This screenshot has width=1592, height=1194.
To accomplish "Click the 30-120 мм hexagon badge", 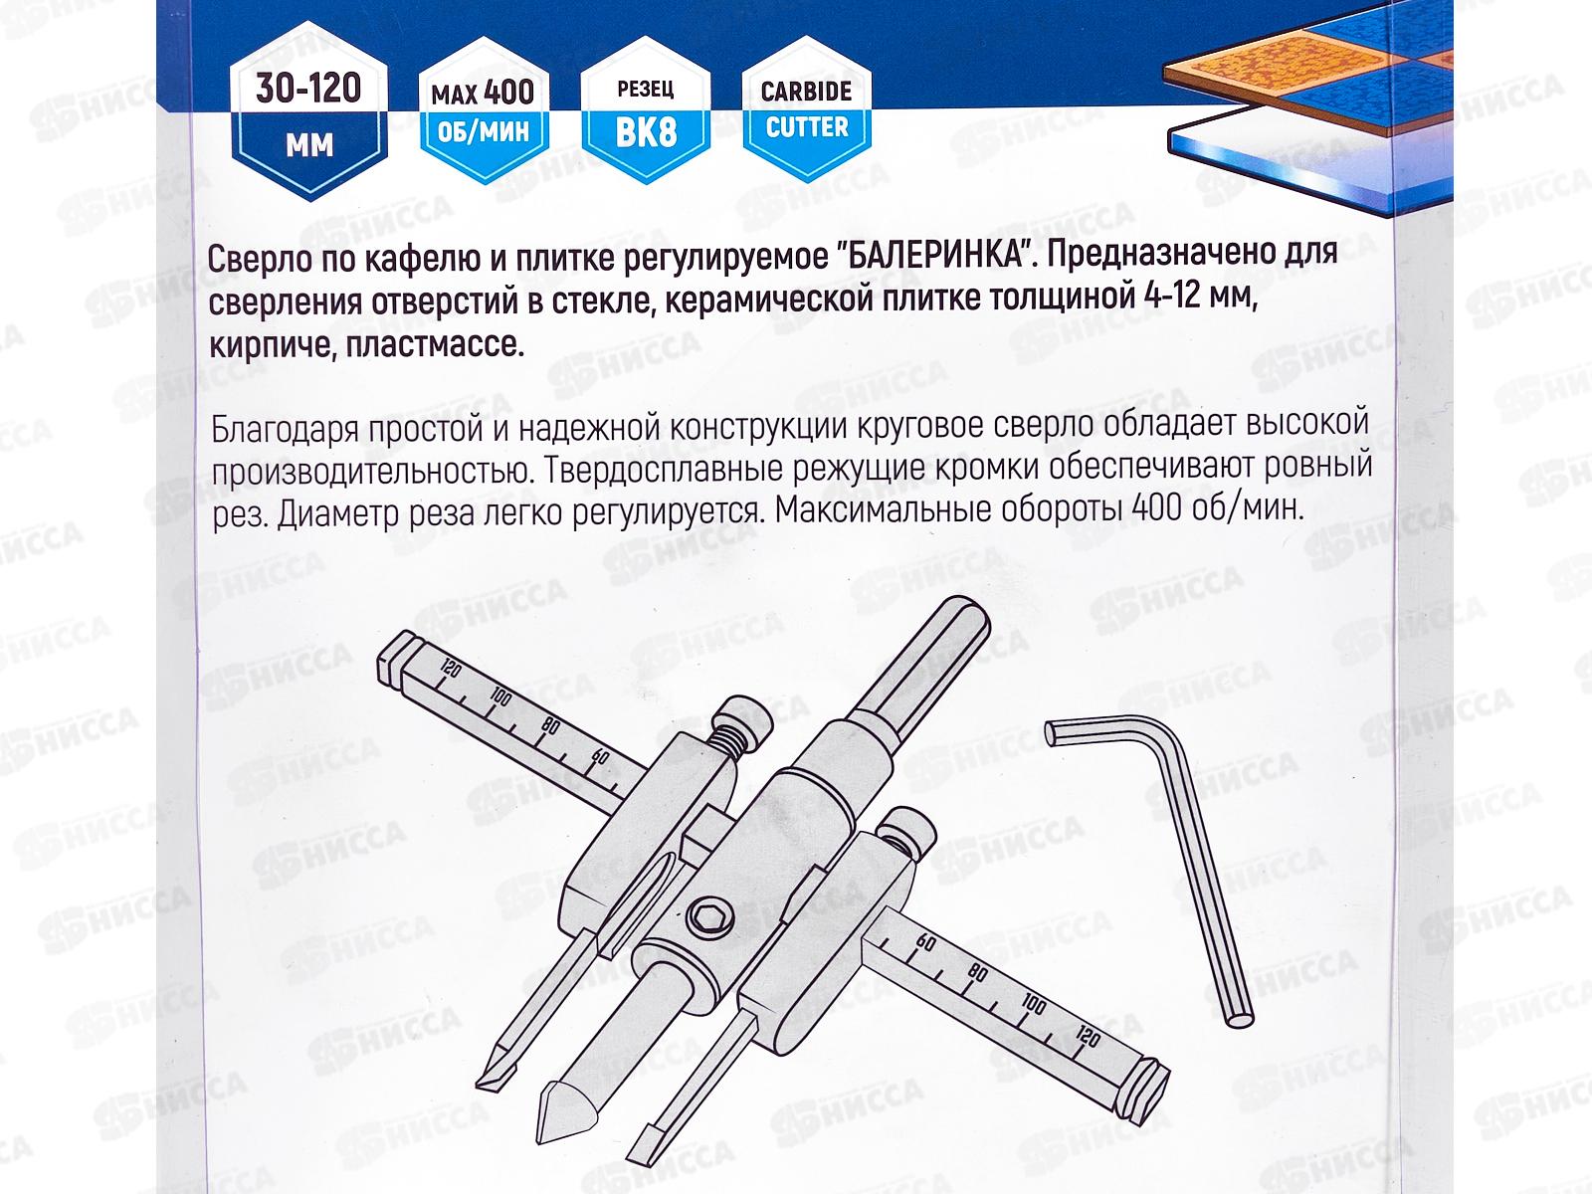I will [308, 116].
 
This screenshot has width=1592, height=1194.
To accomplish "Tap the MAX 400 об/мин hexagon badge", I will [483, 112].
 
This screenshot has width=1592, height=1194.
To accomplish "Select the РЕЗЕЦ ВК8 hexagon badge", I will [645, 112].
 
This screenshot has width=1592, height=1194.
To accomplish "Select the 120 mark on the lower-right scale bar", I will [1087, 1039].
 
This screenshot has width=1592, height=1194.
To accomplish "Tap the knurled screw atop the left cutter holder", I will [744, 727].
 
